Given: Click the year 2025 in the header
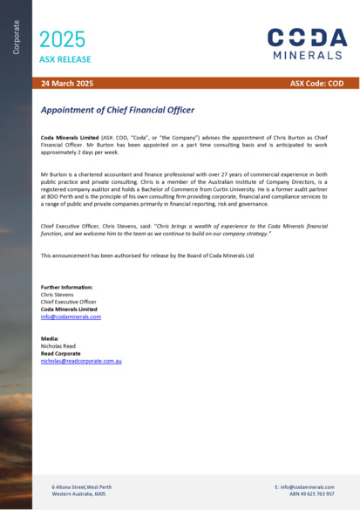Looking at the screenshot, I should pos(63,39).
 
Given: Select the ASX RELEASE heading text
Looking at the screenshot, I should pos(65,59).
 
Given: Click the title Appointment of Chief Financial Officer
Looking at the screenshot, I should pos(118,111).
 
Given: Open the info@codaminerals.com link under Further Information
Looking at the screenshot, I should pos(71,316).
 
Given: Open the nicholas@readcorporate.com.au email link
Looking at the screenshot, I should pos(81,360).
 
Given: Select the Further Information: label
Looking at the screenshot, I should pos(67,287).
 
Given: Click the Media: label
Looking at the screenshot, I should pos(51,337).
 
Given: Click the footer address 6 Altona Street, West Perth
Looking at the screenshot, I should pos(82,486).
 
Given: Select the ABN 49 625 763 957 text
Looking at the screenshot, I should pos(311,493).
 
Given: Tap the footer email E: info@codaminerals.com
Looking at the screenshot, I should pos(304,486).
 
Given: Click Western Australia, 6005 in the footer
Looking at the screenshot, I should pos(78,493).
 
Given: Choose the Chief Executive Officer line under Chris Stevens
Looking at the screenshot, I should pos(72,302).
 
